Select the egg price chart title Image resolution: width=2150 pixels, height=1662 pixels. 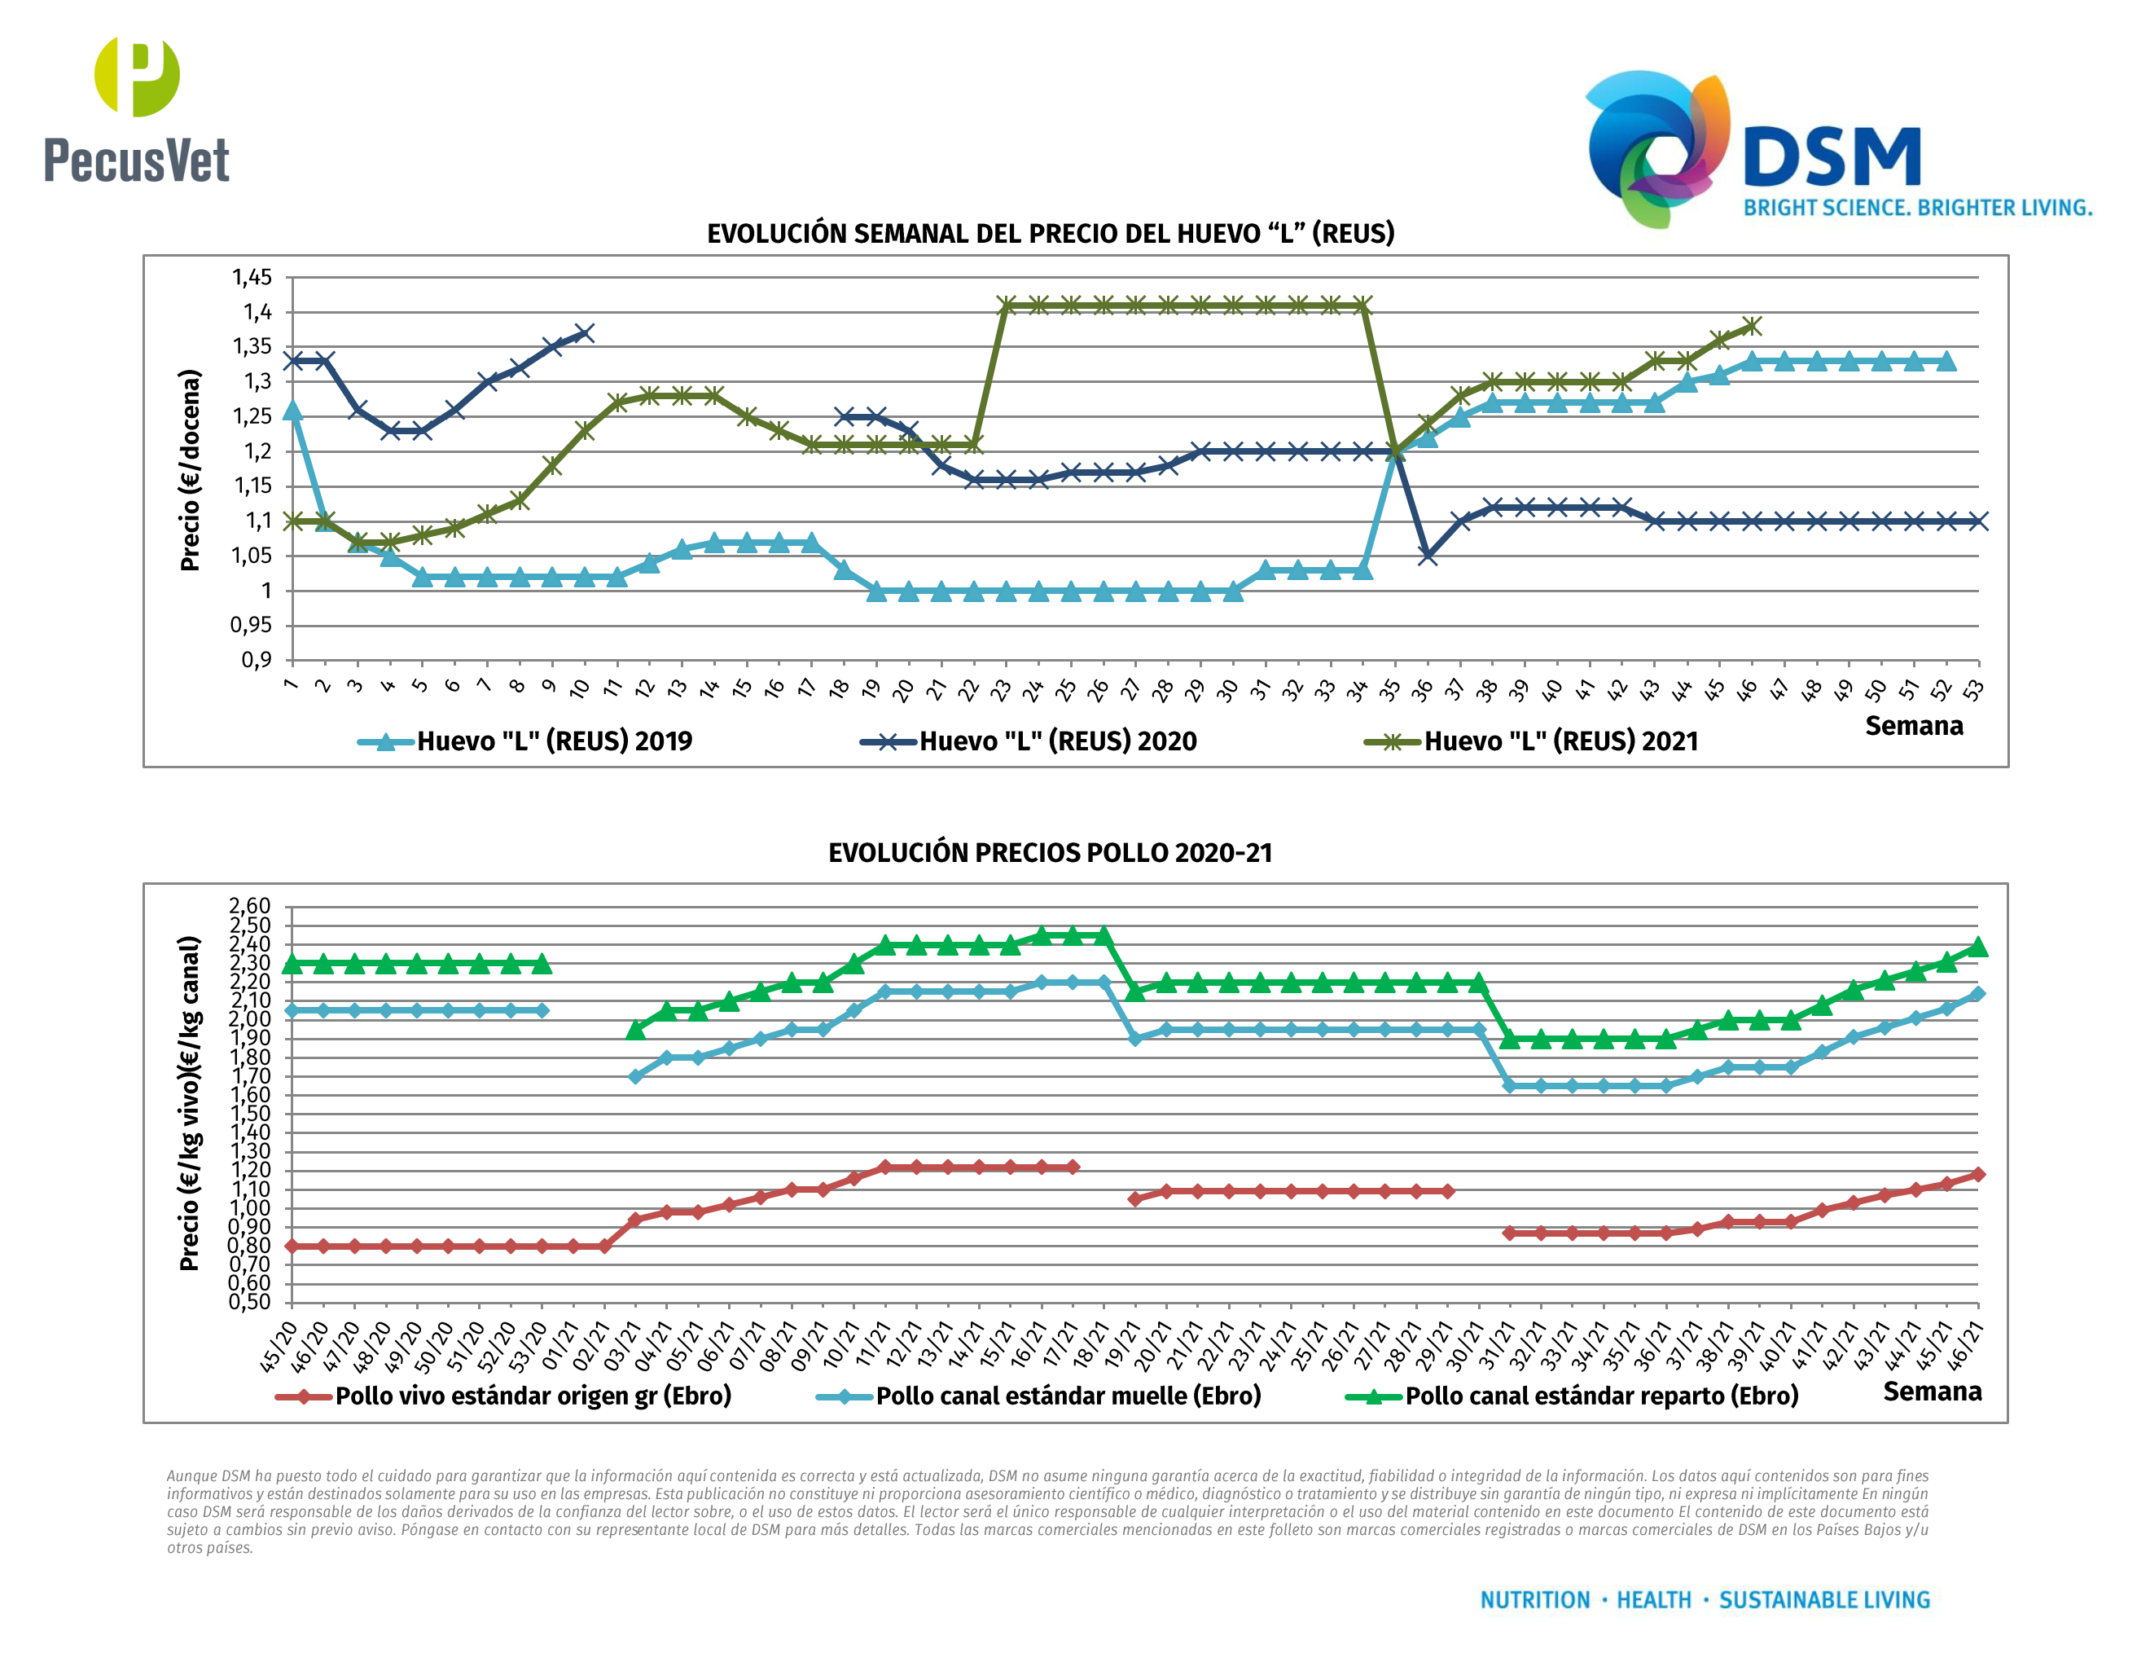(1051, 233)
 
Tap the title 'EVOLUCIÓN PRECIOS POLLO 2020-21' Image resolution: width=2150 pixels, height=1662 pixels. (1051, 853)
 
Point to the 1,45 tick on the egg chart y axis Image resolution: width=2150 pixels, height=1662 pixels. (252, 278)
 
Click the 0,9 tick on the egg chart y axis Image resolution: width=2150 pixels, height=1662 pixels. (256, 660)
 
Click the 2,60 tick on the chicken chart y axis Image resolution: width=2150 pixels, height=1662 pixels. (249, 906)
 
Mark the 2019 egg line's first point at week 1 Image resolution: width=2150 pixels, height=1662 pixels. (292, 411)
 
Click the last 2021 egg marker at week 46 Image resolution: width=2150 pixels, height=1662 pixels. (1751, 326)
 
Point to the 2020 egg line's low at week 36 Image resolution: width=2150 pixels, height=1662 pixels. (1428, 556)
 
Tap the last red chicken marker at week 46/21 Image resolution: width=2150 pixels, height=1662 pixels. (1977, 1175)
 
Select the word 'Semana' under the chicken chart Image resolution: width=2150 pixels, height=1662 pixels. (1932, 1392)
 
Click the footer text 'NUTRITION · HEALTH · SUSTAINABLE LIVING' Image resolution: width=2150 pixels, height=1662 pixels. (1704, 1600)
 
